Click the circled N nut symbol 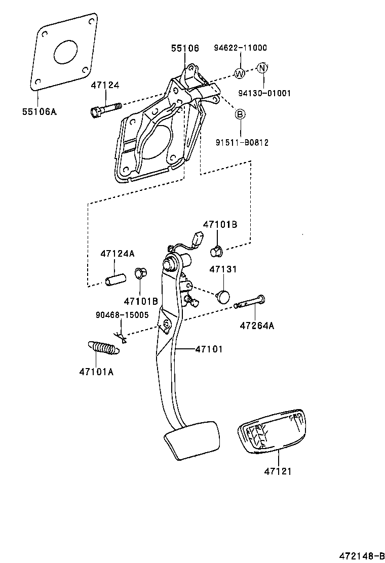[262, 68]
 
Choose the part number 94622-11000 [240, 48]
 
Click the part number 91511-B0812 [241, 143]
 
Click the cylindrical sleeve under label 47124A [115, 279]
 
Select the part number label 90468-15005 [122, 314]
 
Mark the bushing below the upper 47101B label [217, 250]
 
